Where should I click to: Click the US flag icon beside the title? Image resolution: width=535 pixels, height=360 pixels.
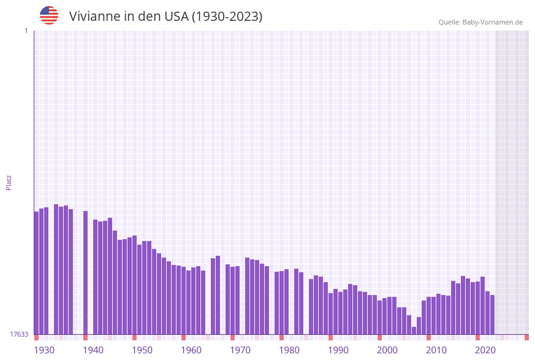click(x=49, y=15)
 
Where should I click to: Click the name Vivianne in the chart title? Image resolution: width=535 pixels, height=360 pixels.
click(x=94, y=17)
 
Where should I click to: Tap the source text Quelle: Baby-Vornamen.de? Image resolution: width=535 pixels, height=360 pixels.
click(x=480, y=22)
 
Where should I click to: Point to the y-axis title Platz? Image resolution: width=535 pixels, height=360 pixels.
click(x=9, y=182)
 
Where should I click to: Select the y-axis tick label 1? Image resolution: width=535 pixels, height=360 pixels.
click(x=26, y=31)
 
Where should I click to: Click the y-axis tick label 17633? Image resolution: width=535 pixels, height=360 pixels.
click(x=19, y=334)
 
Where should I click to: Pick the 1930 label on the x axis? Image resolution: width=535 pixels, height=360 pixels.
click(x=44, y=350)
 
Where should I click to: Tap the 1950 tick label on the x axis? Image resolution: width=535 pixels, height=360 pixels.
click(x=142, y=350)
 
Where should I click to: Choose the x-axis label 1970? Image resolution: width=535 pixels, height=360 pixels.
click(x=240, y=350)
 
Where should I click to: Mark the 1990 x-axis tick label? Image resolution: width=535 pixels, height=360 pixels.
click(x=338, y=350)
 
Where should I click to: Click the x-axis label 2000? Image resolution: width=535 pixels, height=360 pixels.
click(x=387, y=350)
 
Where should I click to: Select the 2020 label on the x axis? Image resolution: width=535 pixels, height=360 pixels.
click(x=485, y=350)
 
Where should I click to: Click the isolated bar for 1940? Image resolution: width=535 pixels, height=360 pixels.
click(x=85, y=273)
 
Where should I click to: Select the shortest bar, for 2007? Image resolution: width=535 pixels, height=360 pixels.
click(x=414, y=331)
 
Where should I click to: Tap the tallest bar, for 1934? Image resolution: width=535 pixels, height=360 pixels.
click(x=56, y=270)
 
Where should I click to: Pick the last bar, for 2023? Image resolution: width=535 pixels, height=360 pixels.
click(x=492, y=315)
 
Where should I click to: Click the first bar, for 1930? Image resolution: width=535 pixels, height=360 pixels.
click(x=36, y=273)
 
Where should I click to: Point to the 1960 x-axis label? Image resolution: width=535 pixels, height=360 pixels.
click(x=191, y=350)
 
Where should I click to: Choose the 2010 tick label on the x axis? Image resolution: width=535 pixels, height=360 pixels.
click(x=436, y=350)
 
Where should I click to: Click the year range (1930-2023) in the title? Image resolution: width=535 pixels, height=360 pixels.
click(x=227, y=17)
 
